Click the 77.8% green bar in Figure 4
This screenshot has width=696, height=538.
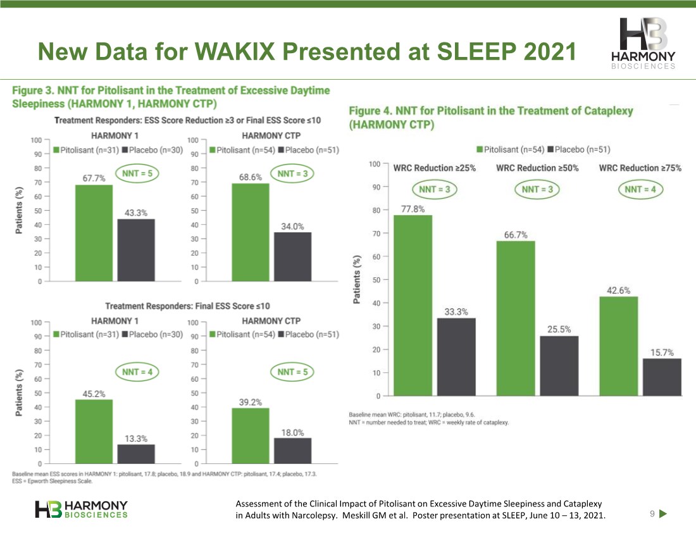coord(413,306)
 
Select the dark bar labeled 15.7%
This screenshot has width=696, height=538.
coord(662,377)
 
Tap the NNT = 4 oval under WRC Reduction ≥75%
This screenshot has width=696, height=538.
coord(640,189)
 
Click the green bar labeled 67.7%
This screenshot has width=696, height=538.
coord(94,233)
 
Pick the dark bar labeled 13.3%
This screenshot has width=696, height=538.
coord(136,454)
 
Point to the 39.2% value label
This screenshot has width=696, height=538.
coord(251,403)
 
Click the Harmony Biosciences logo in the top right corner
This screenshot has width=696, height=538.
coord(643,44)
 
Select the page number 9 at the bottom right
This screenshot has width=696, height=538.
coord(652,513)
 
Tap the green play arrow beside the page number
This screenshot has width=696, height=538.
coord(663,513)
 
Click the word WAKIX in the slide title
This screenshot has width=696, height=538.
coord(231,51)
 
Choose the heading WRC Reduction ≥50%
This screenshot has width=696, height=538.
coord(537,168)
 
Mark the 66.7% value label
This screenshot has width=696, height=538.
coord(515,235)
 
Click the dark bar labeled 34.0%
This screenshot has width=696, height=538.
coord(292,256)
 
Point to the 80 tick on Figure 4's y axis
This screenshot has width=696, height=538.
coord(376,210)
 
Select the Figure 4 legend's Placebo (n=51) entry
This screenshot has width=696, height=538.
coord(579,149)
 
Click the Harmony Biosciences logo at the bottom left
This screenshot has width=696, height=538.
coord(81,510)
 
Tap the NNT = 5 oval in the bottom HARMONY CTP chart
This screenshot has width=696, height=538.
coord(292,372)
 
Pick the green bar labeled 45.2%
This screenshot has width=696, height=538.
coord(94,432)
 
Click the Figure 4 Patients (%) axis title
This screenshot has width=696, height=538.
coord(356,279)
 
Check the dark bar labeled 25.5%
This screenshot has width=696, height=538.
coord(559,366)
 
